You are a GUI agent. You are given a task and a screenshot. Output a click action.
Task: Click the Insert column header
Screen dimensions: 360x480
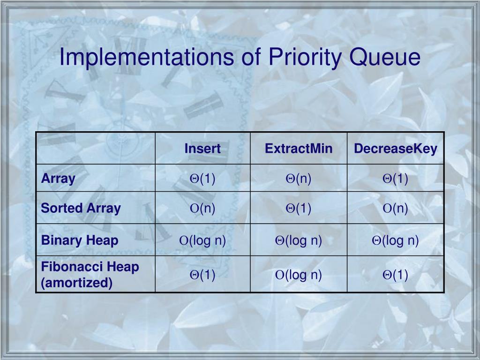coord(202,149)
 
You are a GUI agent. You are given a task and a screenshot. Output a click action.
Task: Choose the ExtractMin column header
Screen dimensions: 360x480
coord(299,149)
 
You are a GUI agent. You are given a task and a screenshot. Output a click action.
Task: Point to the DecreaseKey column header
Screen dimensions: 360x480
coord(396,149)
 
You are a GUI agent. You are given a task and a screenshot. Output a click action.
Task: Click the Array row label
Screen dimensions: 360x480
coord(58,179)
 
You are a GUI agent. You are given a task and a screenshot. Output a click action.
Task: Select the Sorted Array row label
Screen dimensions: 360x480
coord(81,208)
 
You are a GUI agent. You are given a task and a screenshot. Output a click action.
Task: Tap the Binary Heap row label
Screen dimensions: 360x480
coord(80,240)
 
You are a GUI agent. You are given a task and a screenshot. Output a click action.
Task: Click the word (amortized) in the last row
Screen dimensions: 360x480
coord(77,283)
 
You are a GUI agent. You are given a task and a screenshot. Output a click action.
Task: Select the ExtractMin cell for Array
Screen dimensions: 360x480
coord(299,179)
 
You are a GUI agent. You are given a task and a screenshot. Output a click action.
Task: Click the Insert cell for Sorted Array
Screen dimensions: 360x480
coord(202,208)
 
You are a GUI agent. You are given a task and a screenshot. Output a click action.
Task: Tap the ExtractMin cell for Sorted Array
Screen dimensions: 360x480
coord(299,208)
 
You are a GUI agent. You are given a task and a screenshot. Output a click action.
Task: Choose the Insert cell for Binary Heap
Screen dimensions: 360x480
coord(202,240)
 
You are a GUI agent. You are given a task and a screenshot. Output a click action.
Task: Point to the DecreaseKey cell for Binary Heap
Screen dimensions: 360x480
coord(396,240)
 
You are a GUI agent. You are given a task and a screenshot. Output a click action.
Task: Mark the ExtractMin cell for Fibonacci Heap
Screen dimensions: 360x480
coord(299,275)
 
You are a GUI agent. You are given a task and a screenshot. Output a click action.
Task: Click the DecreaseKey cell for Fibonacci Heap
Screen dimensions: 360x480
coord(396,275)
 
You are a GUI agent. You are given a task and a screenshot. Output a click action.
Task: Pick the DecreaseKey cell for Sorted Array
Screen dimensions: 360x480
coord(396,208)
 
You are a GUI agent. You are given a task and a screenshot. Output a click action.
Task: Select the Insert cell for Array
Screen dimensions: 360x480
coord(202,179)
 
